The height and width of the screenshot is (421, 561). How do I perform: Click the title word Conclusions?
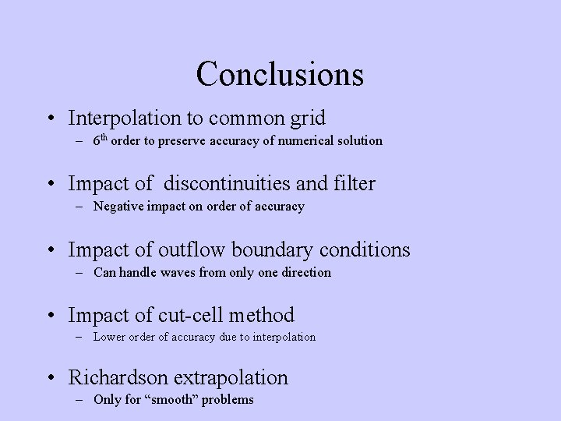(x=280, y=74)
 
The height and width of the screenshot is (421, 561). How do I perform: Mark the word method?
(x=266, y=315)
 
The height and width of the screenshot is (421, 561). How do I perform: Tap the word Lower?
(x=111, y=337)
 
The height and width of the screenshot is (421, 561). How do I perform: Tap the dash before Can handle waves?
(x=81, y=273)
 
